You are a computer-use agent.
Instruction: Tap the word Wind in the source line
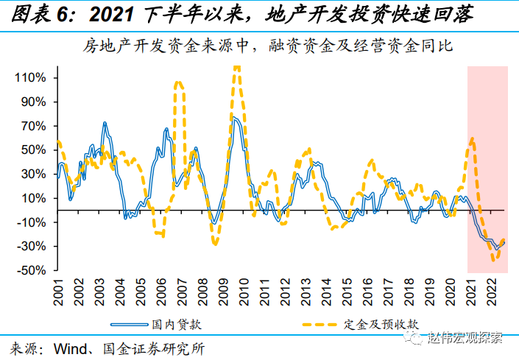click(71, 346)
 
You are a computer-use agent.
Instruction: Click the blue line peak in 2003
click(105, 123)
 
